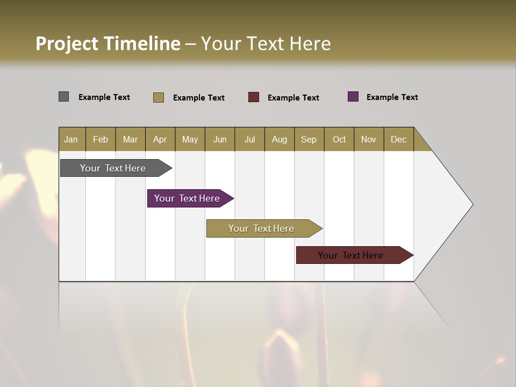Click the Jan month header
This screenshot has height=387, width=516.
coord(71,139)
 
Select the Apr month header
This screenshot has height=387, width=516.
coord(160,139)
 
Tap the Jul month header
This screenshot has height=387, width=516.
coord(249,139)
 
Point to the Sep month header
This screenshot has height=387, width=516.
coord(309,139)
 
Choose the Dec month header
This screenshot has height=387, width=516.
coord(398,139)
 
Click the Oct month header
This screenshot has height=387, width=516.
coord(339,139)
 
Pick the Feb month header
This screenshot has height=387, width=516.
coord(101,139)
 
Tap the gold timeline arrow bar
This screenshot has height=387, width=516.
coord(262,228)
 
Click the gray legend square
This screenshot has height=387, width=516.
coord(63,97)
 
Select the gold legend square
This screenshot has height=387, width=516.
coord(158,97)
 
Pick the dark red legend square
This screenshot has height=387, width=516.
coord(253,97)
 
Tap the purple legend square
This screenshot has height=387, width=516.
coord(353,97)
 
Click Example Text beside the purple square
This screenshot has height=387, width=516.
coord(392,97)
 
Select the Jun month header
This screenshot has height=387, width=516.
coord(220,139)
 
